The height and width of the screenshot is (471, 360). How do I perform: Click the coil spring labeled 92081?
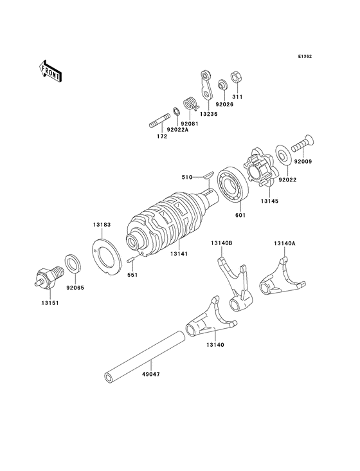click(189, 102)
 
